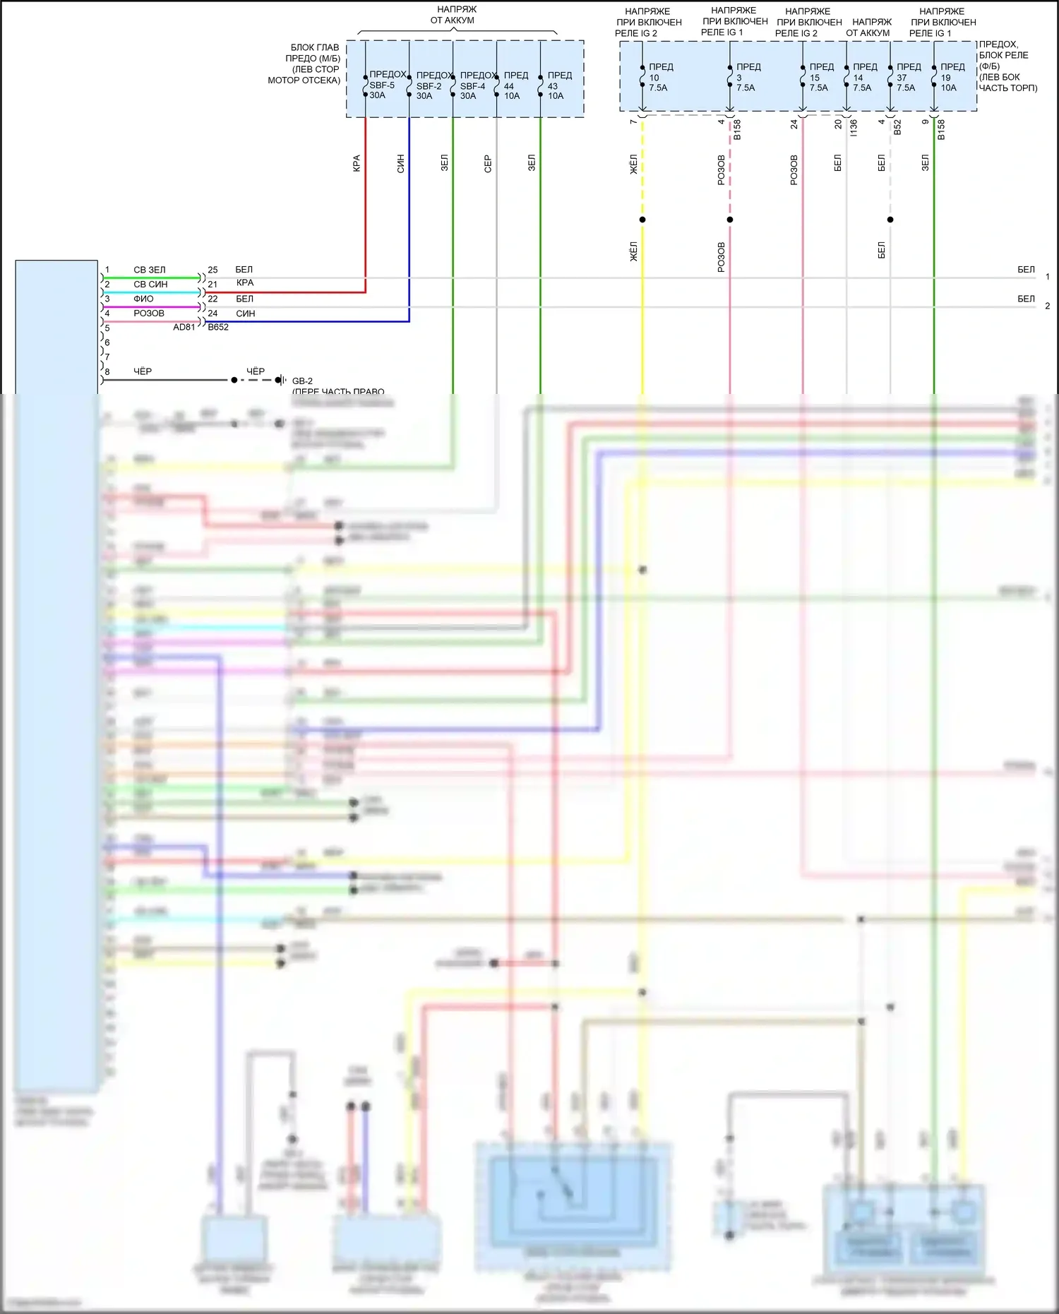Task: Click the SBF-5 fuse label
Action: (x=382, y=85)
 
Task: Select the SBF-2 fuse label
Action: (x=429, y=86)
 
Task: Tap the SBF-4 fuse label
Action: (x=472, y=86)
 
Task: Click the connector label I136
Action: (x=854, y=128)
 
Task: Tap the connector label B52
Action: (x=897, y=127)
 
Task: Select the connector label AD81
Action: (x=184, y=328)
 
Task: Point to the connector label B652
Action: (x=218, y=328)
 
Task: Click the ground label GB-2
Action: (x=302, y=381)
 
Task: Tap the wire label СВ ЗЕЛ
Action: (x=150, y=270)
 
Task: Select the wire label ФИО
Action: (x=143, y=299)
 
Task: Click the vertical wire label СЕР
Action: (x=488, y=165)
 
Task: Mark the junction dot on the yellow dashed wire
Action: (x=642, y=220)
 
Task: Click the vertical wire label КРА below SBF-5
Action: (x=357, y=164)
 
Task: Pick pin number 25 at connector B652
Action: (x=213, y=270)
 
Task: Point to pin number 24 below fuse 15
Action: (x=794, y=124)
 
